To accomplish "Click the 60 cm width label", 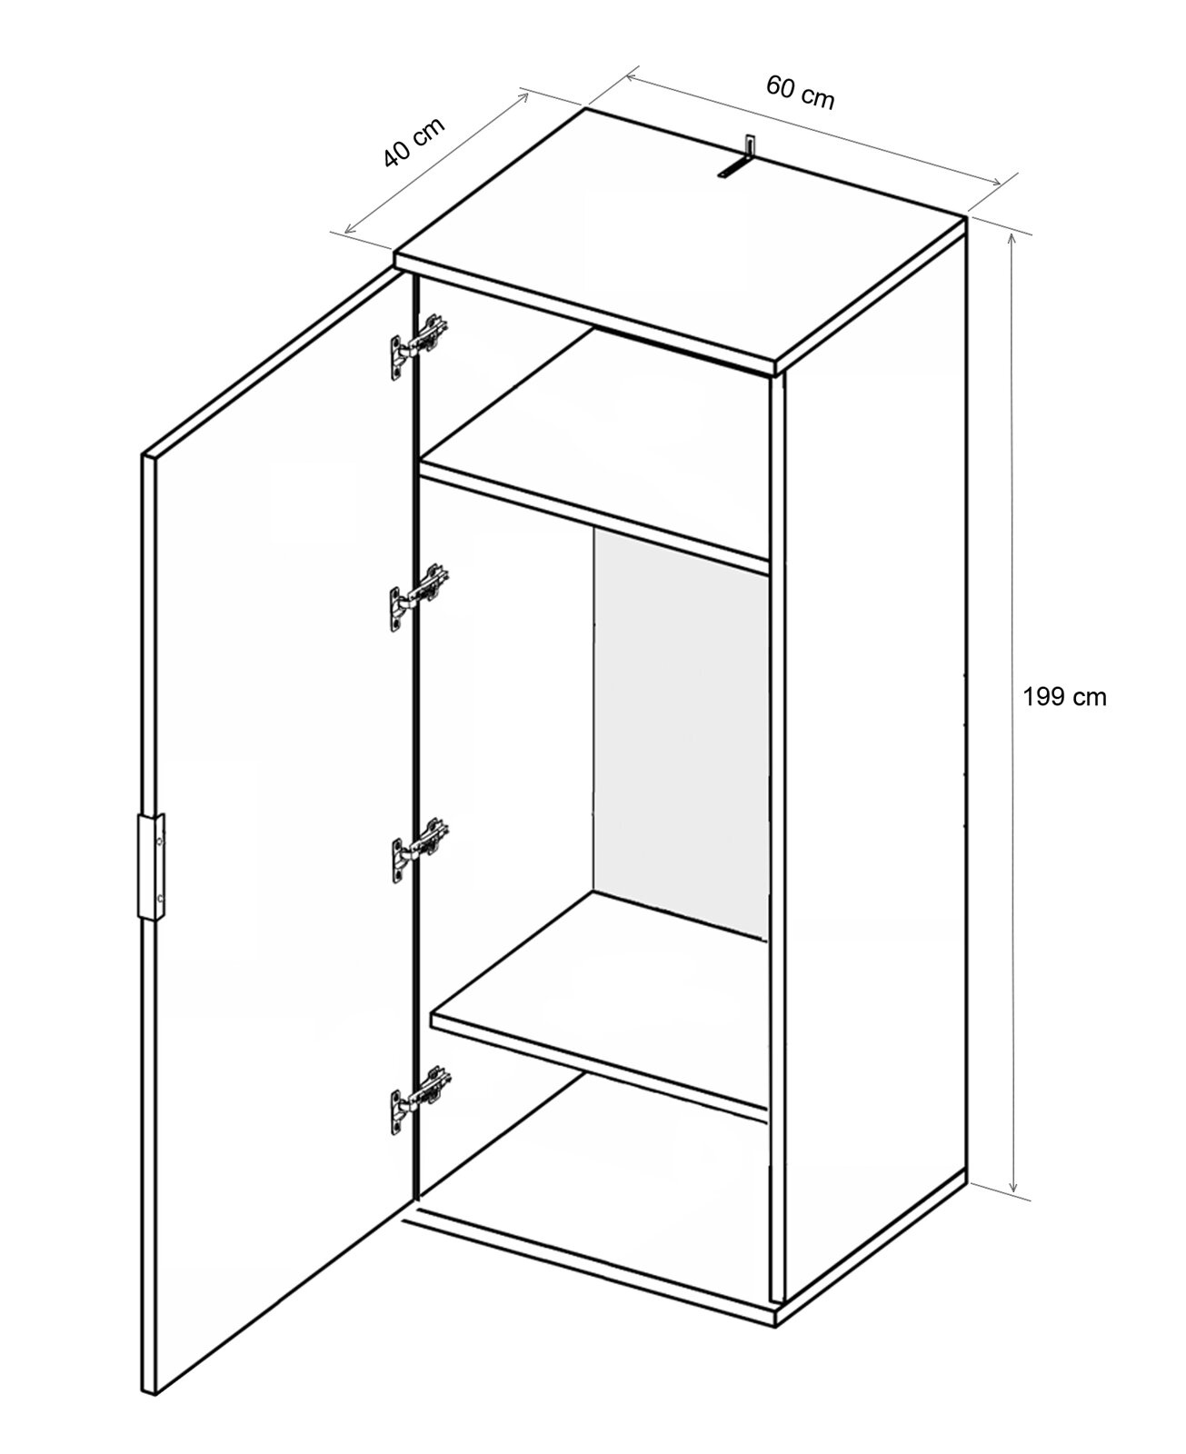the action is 800,93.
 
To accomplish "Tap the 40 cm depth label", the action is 414,142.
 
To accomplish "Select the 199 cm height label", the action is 1064,697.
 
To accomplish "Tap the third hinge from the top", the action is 419,850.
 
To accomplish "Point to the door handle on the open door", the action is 151,867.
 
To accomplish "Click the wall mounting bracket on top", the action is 738,159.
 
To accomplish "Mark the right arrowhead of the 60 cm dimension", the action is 996,182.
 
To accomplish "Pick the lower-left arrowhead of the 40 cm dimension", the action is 348,230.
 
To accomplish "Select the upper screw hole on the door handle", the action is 160,842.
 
